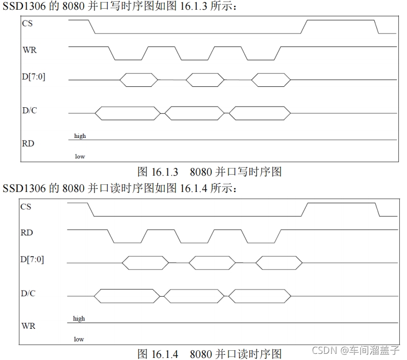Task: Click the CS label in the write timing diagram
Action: tap(27, 23)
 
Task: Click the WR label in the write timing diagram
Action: tap(30, 50)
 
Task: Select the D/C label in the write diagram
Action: tap(30, 110)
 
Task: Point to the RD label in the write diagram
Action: tap(28, 143)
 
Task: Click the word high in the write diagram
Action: tap(80, 136)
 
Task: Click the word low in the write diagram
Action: tap(80, 156)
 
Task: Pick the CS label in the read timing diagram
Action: tap(26, 206)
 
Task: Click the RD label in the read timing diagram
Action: tap(27, 232)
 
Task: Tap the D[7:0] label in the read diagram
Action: tap(32, 259)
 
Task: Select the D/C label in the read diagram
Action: tap(28, 294)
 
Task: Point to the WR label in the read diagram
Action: tap(29, 325)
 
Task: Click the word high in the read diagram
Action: tap(79, 319)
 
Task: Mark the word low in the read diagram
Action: tap(79, 339)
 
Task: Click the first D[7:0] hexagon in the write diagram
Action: tap(139, 80)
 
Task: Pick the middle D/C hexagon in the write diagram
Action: tap(194, 113)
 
